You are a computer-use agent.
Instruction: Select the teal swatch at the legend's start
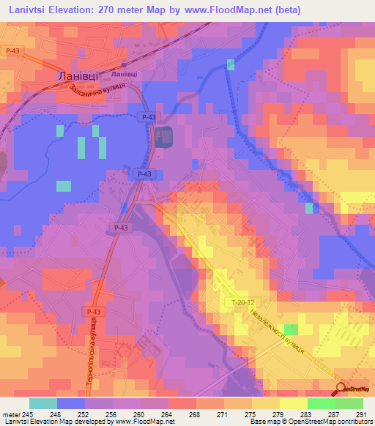coord(43,403)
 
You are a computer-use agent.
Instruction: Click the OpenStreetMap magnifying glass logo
coord(341,389)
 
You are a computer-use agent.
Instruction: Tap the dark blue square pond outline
coord(163,135)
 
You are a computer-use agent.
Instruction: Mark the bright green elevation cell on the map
coord(291,329)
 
